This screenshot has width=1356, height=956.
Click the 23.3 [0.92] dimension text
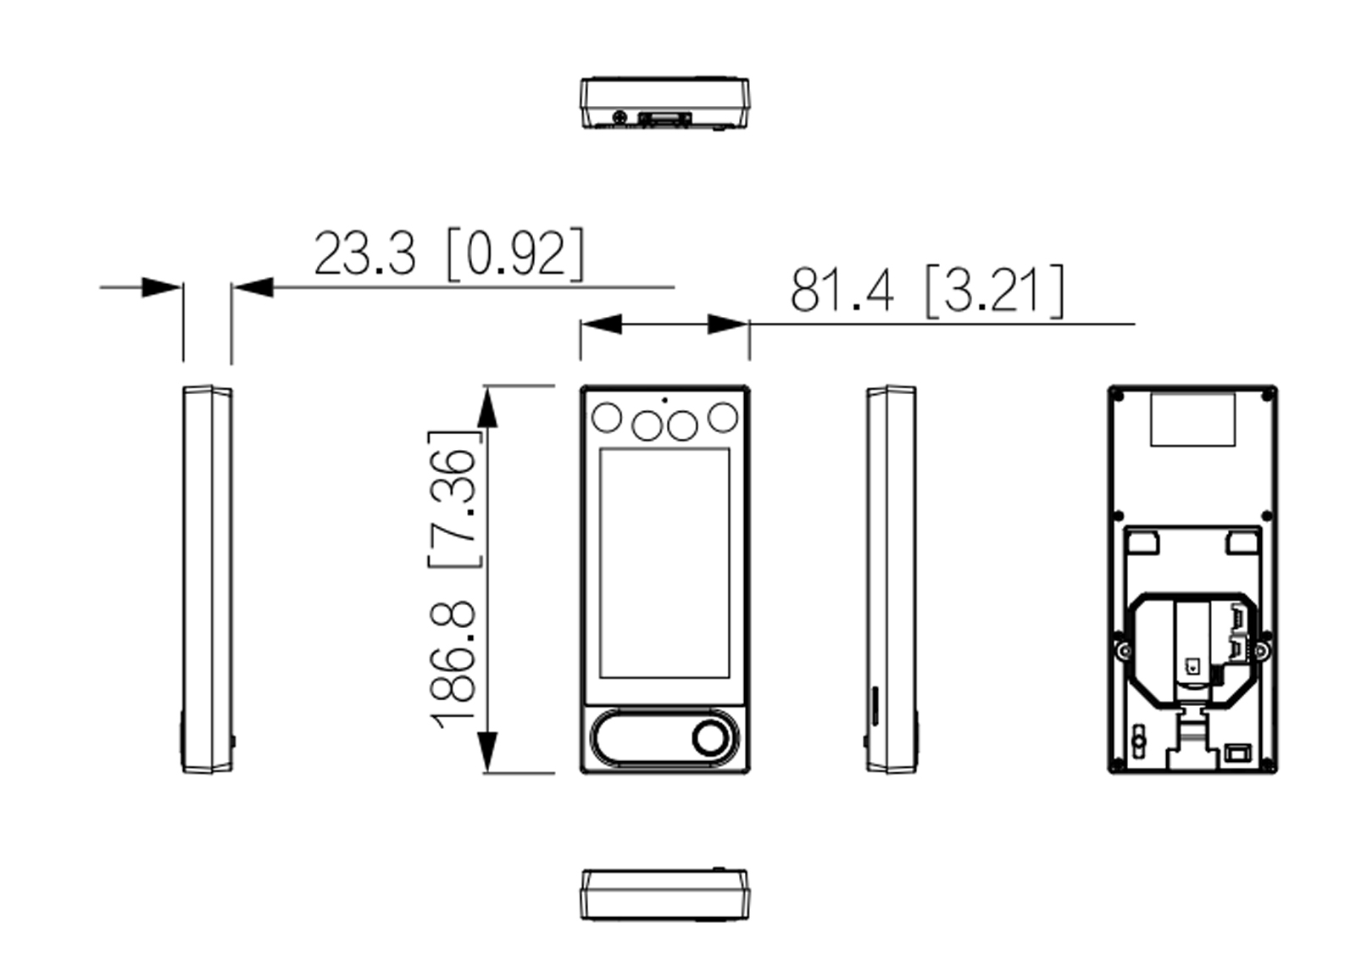[x=448, y=253]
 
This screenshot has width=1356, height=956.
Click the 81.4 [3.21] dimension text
[x=926, y=290]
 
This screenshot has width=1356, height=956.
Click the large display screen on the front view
[x=664, y=563]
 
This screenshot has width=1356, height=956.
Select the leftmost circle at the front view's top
[x=607, y=418]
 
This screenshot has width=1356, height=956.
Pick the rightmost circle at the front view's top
[x=723, y=417]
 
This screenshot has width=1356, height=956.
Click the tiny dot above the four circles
[x=664, y=400]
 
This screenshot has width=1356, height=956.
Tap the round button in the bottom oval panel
[x=709, y=738]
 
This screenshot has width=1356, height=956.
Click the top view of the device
[x=664, y=103]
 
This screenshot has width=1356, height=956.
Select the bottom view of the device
[x=664, y=894]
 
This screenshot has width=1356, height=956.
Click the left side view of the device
[x=208, y=580]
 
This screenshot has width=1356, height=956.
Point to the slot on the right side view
[x=875, y=706]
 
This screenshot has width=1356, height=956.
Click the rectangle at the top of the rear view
[x=1192, y=419]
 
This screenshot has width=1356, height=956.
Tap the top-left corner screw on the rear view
[x=1118, y=396]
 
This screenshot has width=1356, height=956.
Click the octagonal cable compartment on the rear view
[x=1192, y=649]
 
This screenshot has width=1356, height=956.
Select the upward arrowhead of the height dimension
[x=487, y=408]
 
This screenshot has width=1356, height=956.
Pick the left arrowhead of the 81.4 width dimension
[x=601, y=324]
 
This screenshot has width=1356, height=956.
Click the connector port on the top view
[x=665, y=119]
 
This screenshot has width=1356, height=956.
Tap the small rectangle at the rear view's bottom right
[x=1237, y=752]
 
